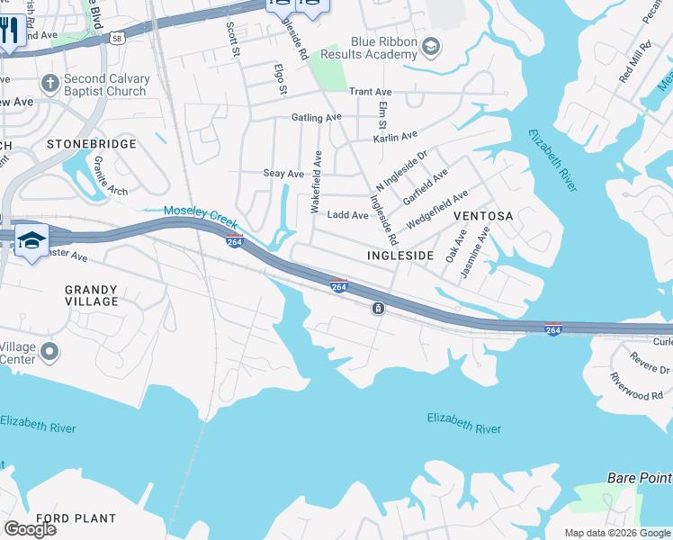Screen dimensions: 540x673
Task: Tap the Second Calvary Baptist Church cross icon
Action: [49, 85]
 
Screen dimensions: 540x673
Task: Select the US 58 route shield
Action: [118, 39]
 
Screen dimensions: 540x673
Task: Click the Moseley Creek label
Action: [199, 214]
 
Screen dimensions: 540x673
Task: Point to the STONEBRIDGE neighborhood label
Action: [92, 144]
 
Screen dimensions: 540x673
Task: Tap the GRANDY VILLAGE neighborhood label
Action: [91, 295]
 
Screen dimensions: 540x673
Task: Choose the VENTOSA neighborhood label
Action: [482, 216]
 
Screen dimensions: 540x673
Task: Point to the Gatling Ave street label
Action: [316, 118]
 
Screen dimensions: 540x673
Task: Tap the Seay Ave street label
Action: [283, 173]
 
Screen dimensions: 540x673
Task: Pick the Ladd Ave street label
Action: [347, 215]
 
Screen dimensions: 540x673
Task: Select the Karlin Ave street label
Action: [396, 137]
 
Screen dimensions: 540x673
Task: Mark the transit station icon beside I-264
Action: [379, 309]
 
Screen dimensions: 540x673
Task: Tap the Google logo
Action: [30, 529]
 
